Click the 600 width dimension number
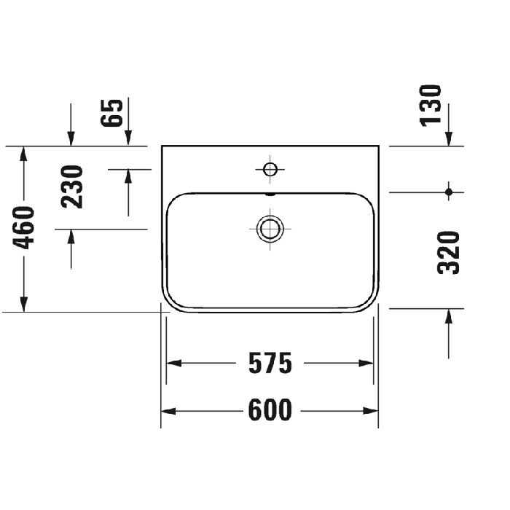[270, 411]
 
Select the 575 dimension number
[270, 362]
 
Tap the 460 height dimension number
[25, 227]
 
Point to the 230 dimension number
[72, 187]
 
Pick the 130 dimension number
[431, 104]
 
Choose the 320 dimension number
[450, 251]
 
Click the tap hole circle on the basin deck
[270, 170]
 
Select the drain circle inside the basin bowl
[270, 228]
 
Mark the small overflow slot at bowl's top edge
[270, 195]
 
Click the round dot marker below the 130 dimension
[450, 192]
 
